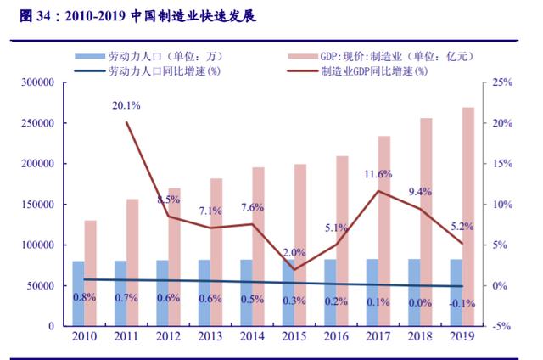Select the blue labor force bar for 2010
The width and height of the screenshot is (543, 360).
tap(78, 293)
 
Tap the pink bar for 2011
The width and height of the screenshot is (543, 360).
tap(132, 262)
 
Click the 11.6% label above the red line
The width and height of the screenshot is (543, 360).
tap(378, 174)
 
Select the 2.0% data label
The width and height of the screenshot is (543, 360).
tap(294, 252)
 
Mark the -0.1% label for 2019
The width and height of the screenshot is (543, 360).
tap(462, 303)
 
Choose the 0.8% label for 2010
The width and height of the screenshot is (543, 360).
tap(84, 298)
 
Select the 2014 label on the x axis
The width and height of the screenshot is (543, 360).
tap(252, 337)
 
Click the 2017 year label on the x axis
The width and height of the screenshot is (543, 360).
tap(378, 337)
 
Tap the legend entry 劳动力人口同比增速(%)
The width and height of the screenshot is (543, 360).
tap(153, 71)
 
